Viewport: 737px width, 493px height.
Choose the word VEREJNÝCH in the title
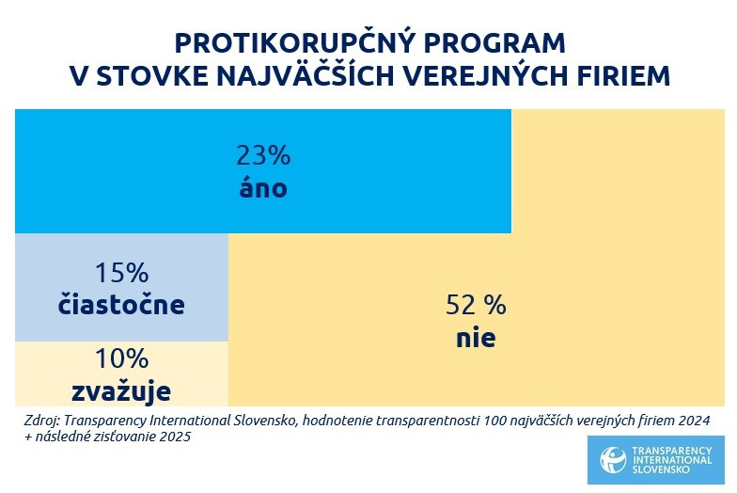point(492,77)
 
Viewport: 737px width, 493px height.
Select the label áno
point(263,187)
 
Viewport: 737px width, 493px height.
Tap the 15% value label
point(121,274)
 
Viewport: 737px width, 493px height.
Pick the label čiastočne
point(121,306)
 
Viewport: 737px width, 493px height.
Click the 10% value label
point(121,358)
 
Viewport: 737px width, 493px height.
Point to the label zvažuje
point(121,389)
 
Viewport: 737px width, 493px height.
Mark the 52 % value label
point(475,306)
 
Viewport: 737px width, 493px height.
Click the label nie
point(475,338)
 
